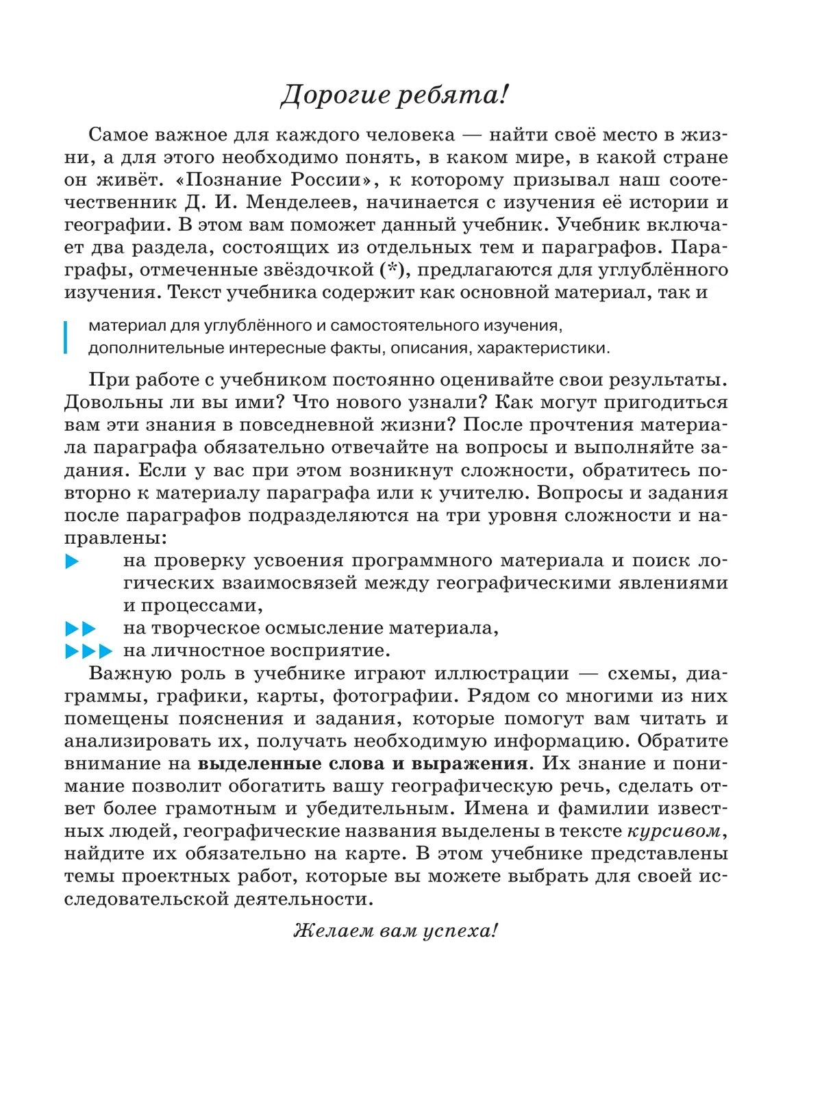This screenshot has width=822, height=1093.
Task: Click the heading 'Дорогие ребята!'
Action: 395,95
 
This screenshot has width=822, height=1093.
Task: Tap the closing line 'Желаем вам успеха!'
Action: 395,931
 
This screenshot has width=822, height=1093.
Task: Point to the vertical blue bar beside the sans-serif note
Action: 66,336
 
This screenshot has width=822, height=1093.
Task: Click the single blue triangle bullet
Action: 72,562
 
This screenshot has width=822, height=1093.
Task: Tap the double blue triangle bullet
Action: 80,628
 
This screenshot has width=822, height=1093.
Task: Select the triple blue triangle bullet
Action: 88,651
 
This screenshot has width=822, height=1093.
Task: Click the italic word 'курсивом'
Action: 674,831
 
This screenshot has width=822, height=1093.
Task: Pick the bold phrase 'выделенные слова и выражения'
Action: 363,764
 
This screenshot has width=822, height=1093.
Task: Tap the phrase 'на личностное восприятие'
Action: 256,651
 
